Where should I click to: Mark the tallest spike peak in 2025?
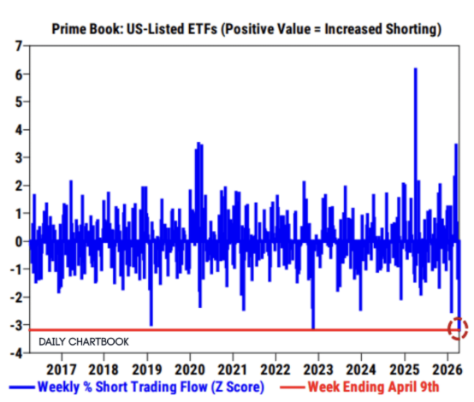click(x=415, y=68)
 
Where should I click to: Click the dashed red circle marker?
click(x=459, y=328)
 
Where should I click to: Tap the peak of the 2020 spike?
click(x=198, y=143)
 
